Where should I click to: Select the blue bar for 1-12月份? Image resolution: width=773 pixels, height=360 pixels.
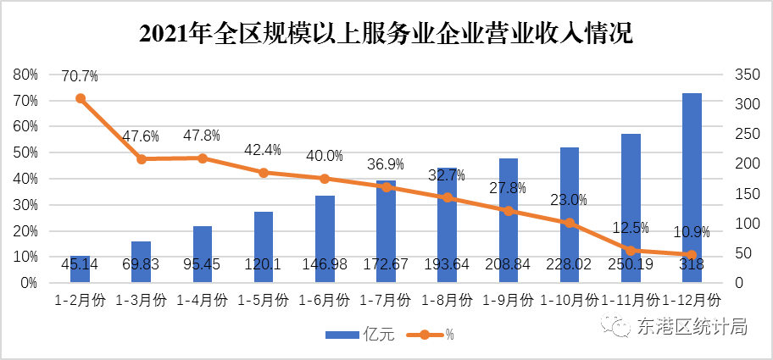pyautogui.click(x=692, y=187)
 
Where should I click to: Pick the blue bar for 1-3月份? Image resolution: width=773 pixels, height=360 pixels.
pyautogui.click(x=141, y=262)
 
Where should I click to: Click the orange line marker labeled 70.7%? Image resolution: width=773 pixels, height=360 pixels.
pyautogui.click(x=81, y=98)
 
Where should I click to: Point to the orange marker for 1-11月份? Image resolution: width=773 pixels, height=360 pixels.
pyautogui.click(x=631, y=251)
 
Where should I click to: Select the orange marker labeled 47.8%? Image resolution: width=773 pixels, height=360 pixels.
pyautogui.click(x=203, y=158)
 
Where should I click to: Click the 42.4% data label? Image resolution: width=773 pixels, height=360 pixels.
pyautogui.click(x=263, y=150)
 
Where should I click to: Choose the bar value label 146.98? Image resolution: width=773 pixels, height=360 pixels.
pyautogui.click(x=325, y=265)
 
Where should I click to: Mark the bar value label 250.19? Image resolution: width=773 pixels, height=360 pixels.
pyautogui.click(x=631, y=265)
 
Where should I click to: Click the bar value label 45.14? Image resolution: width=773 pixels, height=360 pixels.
pyautogui.click(x=81, y=265)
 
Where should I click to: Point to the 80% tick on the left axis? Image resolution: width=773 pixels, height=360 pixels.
pyautogui.click(x=26, y=75)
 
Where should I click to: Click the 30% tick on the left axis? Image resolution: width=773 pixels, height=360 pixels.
pyautogui.click(x=26, y=205)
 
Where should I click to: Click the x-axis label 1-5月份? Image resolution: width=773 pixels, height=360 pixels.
pyautogui.click(x=264, y=300)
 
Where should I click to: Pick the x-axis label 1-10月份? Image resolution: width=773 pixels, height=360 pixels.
pyautogui.click(x=569, y=300)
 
